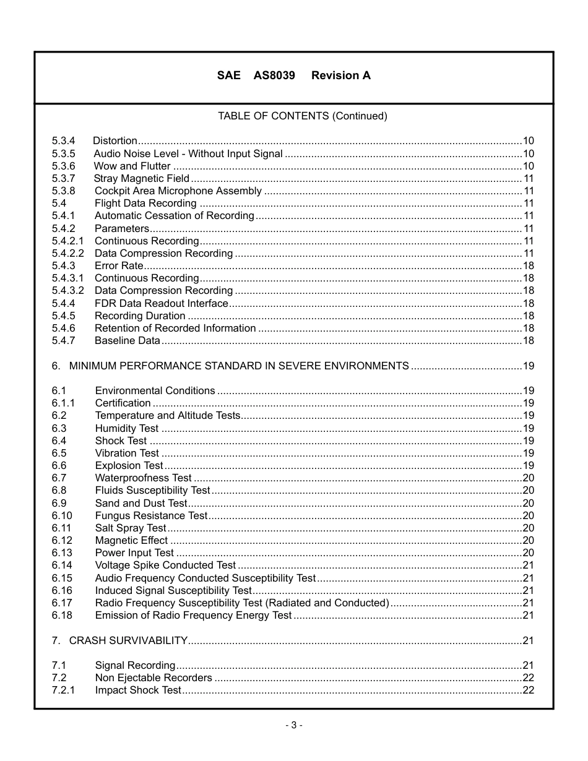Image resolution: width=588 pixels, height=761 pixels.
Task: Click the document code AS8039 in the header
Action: click(274, 75)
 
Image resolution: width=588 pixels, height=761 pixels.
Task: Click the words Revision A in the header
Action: click(341, 75)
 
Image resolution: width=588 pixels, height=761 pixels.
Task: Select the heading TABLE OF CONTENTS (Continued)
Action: click(302, 116)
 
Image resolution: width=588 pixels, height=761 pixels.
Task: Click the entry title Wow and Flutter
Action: click(132, 166)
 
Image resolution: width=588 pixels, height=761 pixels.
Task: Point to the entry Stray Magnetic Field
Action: click(141, 179)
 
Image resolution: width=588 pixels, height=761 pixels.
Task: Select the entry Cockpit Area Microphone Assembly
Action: click(178, 191)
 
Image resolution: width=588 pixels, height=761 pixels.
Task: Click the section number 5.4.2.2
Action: click(67, 253)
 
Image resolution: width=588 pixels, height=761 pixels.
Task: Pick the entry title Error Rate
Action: click(119, 266)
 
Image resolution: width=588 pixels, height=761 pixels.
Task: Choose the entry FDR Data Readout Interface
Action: click(161, 303)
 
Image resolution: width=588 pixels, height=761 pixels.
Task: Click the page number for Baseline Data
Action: click(528, 340)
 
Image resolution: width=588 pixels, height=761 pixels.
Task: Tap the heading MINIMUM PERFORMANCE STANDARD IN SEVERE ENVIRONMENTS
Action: click(239, 366)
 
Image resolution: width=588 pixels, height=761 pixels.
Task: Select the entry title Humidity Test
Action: click(126, 428)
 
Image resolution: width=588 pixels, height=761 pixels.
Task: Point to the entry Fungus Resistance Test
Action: click(151, 515)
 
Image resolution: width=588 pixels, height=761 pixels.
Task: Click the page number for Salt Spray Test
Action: click(528, 528)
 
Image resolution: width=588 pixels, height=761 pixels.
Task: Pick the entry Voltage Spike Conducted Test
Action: click(165, 565)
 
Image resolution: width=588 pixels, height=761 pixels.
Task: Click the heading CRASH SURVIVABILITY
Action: click(128, 640)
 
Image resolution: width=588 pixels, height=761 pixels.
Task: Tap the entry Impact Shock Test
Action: click(137, 690)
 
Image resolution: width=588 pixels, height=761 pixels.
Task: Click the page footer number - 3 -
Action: click(294, 725)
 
